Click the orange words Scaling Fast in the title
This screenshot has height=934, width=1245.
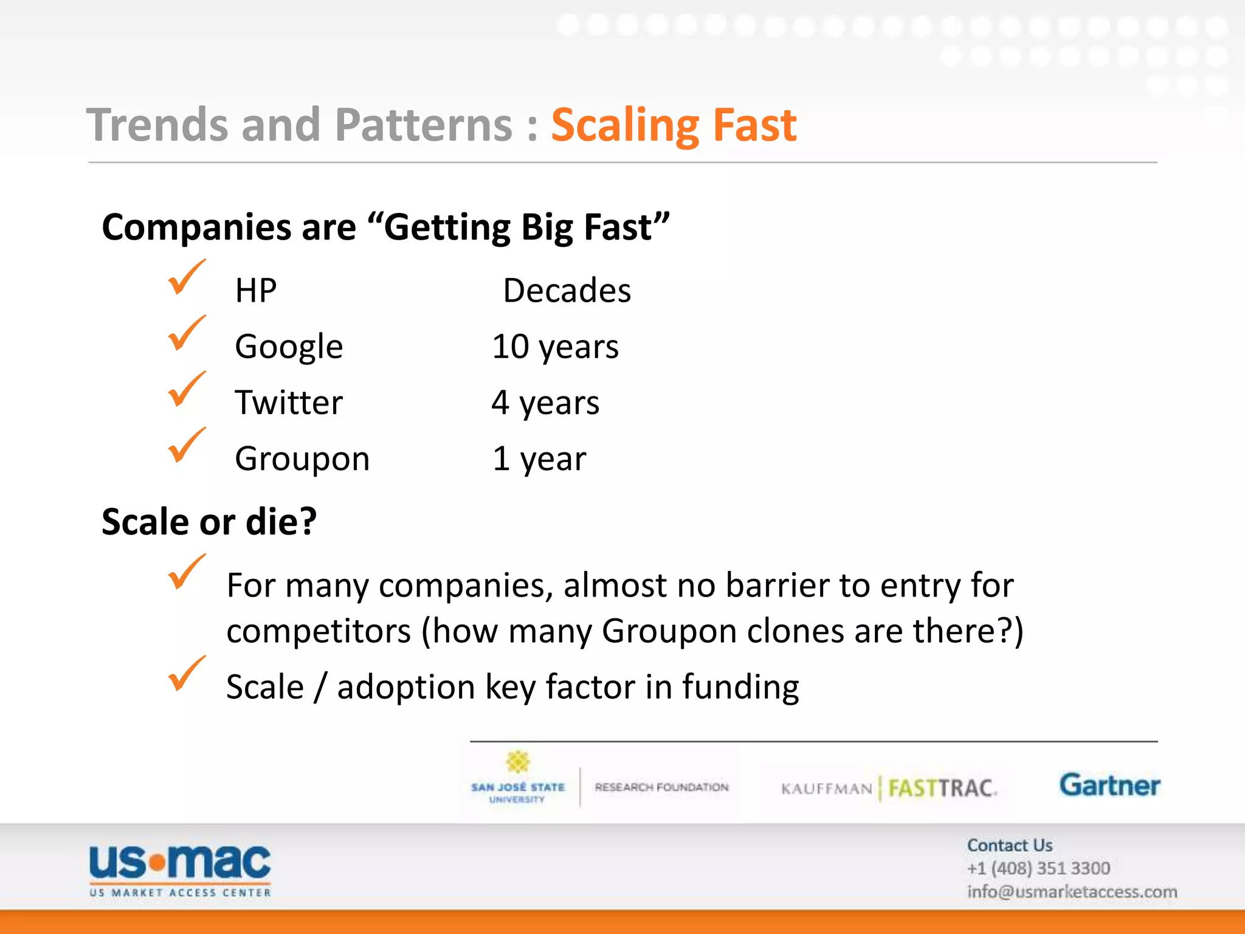674,125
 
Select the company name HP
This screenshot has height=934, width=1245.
256,291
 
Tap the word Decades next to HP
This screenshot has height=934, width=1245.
567,291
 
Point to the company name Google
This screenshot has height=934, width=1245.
289,347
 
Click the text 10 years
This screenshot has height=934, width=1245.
555,347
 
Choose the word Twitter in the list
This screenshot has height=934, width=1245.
289,403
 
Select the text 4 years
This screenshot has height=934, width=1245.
545,403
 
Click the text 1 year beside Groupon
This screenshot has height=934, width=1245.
539,458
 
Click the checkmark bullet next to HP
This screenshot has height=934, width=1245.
185,277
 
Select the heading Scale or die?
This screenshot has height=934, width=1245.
209,522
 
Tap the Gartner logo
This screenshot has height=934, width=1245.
1109,786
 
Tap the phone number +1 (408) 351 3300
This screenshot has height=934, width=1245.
1038,868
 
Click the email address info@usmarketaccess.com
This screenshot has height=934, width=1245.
1072,892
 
